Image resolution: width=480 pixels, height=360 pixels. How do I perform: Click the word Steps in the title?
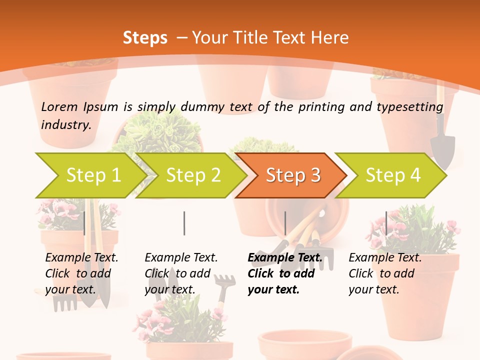click(x=145, y=38)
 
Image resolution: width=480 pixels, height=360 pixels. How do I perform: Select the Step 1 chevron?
click(x=90, y=175)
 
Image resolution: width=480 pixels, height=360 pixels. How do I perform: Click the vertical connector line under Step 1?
click(x=84, y=223)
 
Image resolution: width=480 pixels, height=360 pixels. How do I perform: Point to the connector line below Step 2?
click(x=184, y=223)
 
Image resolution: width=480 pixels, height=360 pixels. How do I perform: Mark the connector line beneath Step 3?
click(x=285, y=223)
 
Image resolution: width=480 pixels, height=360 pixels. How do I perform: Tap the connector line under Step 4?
click(x=386, y=223)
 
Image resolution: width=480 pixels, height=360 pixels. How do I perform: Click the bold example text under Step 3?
click(x=284, y=273)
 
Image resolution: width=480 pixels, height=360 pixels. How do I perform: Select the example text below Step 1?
click(x=81, y=273)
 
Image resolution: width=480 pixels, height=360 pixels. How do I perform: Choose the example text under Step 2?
click(x=180, y=273)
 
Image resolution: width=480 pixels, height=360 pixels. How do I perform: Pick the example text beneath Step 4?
click(x=384, y=273)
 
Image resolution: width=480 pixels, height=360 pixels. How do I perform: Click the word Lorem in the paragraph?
click(x=59, y=106)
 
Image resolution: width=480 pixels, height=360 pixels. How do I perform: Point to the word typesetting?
click(x=409, y=107)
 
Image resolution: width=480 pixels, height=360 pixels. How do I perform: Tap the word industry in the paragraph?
click(x=66, y=125)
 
